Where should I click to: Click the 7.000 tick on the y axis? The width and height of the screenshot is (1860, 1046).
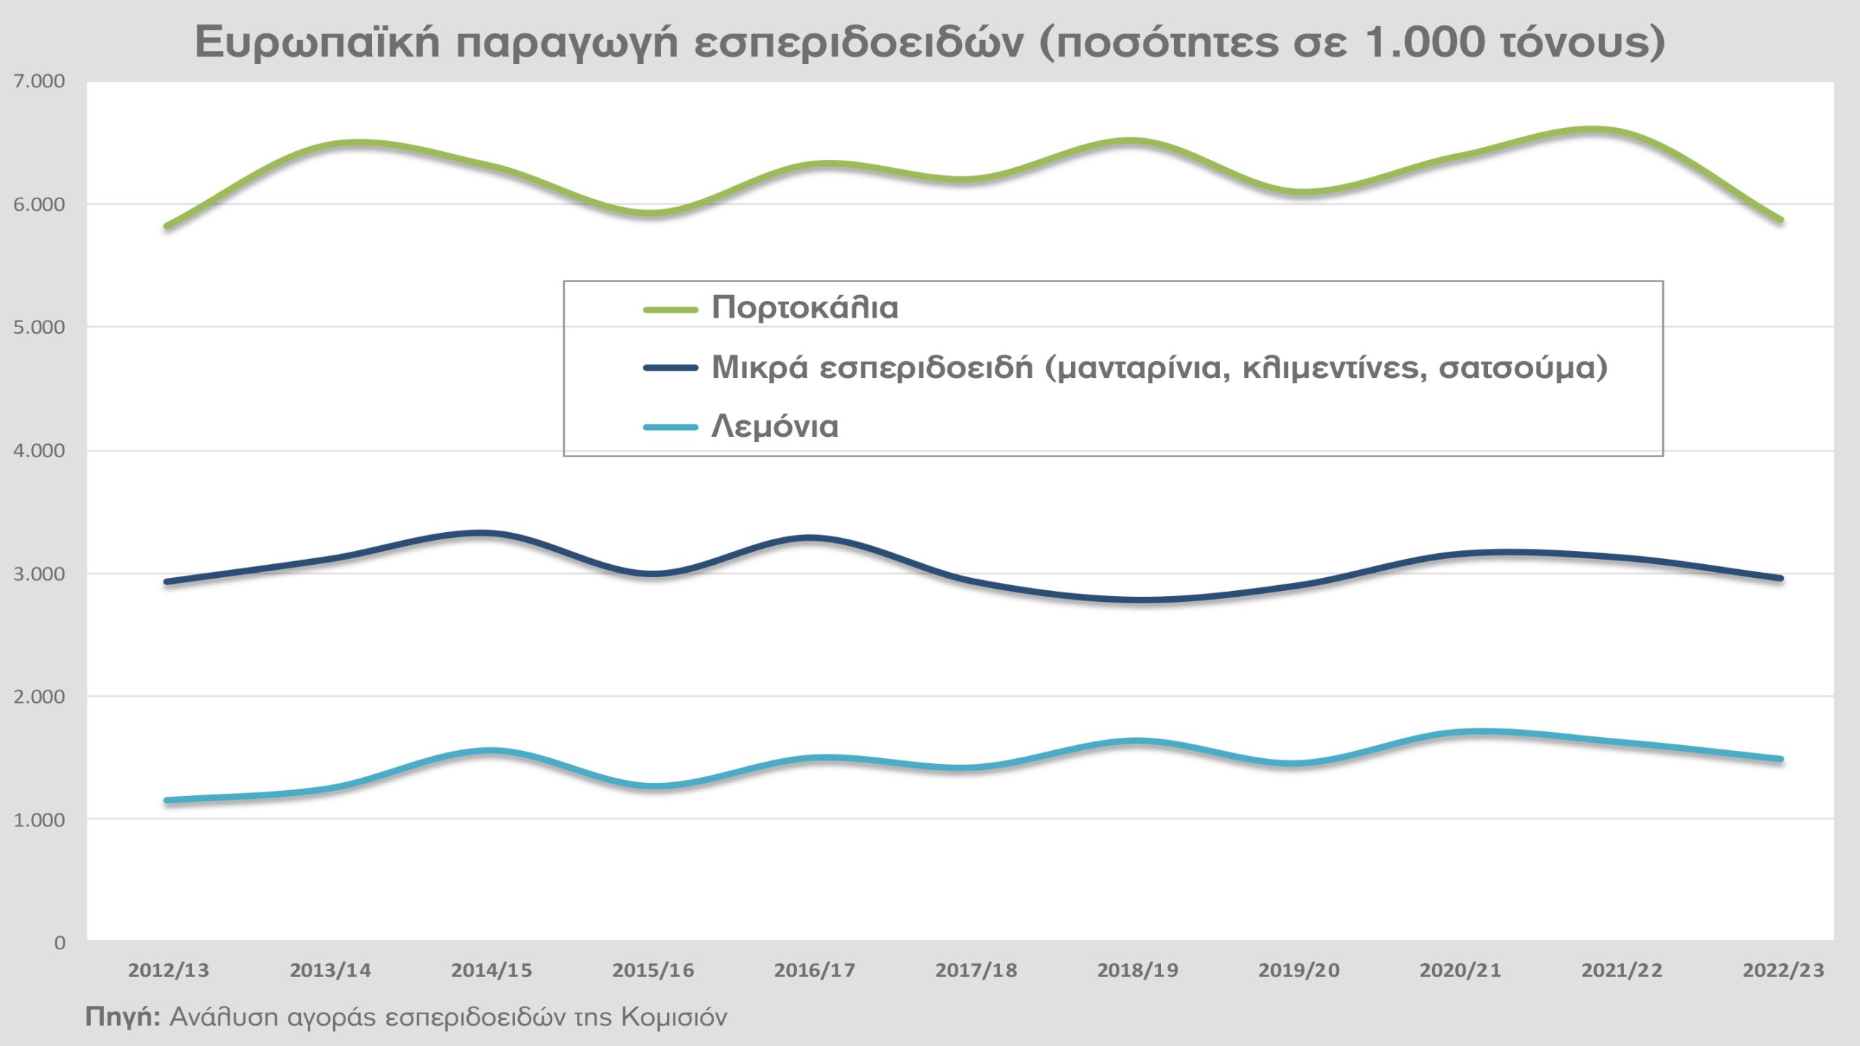coord(39,81)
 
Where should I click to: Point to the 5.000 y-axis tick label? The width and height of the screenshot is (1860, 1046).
coord(39,327)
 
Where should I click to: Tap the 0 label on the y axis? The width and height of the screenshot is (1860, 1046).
coord(60,943)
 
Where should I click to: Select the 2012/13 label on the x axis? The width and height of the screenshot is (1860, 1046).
coord(169,970)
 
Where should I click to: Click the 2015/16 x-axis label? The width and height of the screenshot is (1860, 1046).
coord(653,970)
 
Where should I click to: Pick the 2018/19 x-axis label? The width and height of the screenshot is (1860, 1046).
coord(1138,970)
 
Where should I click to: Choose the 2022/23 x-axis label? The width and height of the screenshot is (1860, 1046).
coord(1783,970)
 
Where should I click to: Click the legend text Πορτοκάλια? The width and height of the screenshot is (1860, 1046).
coord(805,308)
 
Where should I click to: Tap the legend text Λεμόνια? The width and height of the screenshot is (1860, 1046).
coord(775,427)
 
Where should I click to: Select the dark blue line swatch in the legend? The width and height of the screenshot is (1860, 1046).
coord(671,368)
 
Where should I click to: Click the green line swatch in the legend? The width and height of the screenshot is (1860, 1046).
coord(671,309)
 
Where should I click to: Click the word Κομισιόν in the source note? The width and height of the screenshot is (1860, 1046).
coord(674,1016)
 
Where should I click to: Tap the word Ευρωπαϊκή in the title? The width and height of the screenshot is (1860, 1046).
coord(317,42)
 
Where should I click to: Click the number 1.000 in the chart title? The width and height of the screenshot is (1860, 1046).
coord(1426,42)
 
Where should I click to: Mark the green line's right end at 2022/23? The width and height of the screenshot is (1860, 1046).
coord(1780,220)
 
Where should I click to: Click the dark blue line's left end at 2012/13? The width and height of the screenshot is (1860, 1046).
coord(167,582)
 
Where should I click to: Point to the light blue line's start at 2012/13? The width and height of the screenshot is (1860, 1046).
coord(167,800)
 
